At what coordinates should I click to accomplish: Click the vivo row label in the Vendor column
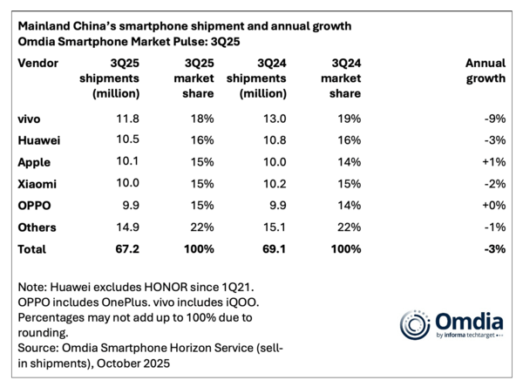pos(30,119)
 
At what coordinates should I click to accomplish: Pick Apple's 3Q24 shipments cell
pos(272,162)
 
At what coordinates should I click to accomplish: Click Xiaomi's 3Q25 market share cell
pos(200,184)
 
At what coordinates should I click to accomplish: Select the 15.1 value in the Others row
pos(272,227)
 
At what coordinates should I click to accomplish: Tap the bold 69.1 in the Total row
pos(272,249)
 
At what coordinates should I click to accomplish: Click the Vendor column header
pos(37,63)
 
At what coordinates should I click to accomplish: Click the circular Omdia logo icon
pos(415,323)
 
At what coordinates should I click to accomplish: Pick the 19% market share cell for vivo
pos(347,119)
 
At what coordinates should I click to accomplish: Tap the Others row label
pos(37,227)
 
